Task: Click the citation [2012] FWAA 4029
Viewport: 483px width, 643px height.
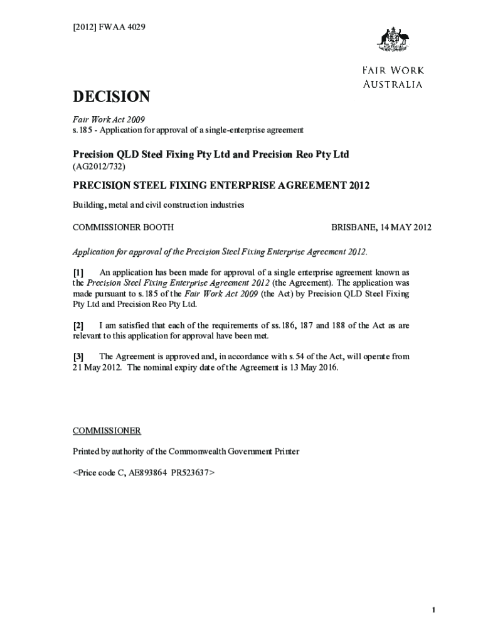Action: click(109, 26)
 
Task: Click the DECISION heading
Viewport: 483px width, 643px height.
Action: click(111, 97)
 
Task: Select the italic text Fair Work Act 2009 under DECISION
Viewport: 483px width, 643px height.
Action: click(109, 119)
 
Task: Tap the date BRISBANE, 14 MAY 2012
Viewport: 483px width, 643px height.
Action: click(381, 227)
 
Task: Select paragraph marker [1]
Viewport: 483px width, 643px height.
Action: click(78, 273)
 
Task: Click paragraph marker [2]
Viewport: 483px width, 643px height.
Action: click(78, 325)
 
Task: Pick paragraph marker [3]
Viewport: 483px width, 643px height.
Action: click(78, 356)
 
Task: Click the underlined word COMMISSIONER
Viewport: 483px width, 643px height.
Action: click(107, 431)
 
